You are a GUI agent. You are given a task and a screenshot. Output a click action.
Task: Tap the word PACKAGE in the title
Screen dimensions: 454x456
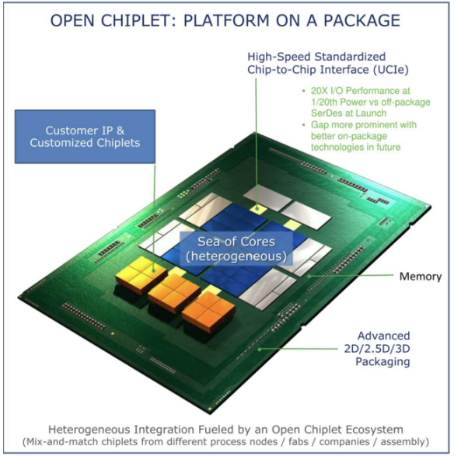[x=362, y=21]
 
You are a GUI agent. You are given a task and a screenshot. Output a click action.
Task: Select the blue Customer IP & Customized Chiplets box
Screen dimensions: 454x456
[x=85, y=137]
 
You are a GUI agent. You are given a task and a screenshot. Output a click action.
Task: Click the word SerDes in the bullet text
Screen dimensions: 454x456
[x=326, y=113]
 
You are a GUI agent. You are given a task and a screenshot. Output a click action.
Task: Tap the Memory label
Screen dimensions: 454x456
[x=421, y=277]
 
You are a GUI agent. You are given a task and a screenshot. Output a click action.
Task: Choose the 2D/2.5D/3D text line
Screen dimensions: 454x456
[x=377, y=349]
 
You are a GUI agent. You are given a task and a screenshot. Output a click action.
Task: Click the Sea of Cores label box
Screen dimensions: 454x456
[x=236, y=249]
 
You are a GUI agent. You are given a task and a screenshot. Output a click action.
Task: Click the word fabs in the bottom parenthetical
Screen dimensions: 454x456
[x=299, y=442]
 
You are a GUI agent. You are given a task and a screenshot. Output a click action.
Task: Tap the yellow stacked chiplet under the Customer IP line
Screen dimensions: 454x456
[x=141, y=274]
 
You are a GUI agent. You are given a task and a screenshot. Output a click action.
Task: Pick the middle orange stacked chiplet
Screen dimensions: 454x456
[x=173, y=292]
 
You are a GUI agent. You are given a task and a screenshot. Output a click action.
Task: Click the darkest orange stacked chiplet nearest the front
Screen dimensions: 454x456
[x=208, y=312]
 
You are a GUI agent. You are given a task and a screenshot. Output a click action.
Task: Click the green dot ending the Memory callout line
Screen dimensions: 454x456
[x=309, y=276]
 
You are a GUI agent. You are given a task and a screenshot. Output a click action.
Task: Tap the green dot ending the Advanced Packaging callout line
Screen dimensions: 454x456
[x=260, y=350]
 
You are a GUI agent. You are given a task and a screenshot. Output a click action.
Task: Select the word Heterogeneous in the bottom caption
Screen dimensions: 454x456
[x=89, y=430]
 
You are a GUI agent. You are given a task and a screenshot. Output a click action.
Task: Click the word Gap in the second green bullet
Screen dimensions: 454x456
[x=320, y=125]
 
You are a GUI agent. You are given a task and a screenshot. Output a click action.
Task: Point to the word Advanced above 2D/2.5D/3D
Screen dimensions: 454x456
[x=383, y=336]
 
